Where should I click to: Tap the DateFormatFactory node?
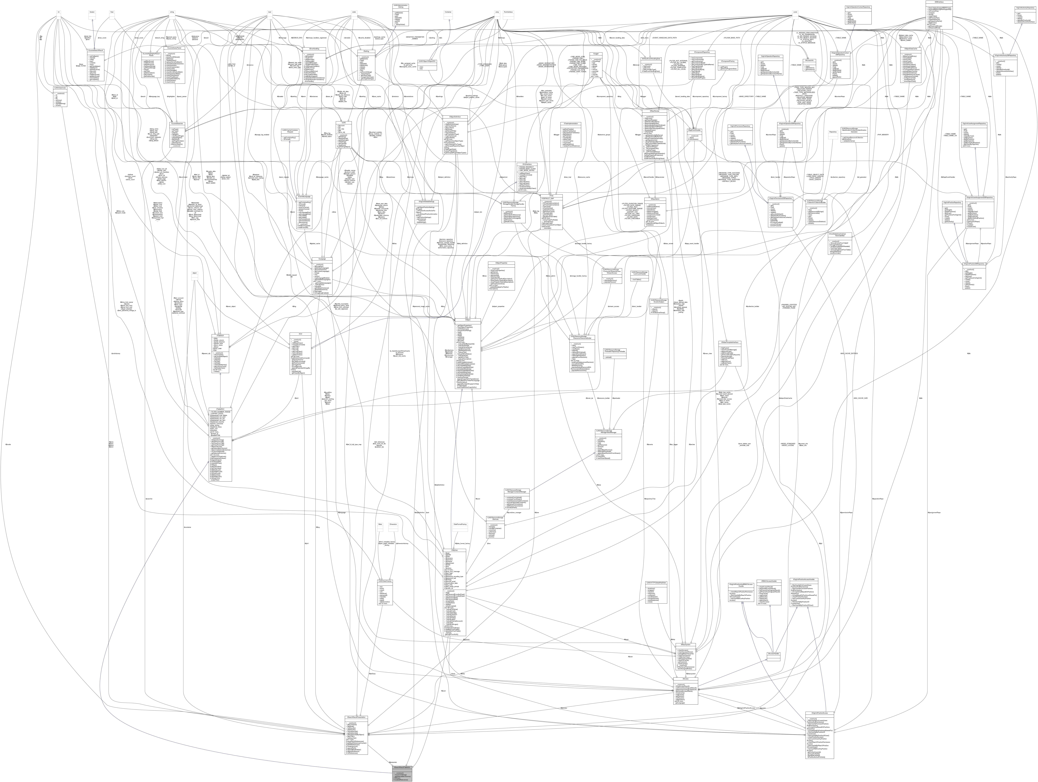click(460, 525)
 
